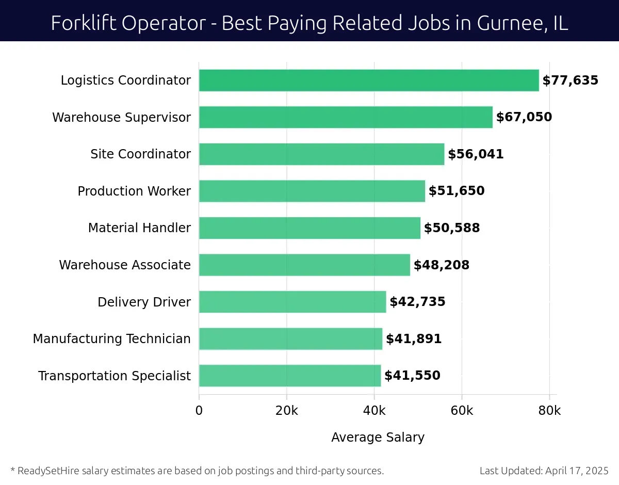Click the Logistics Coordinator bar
369,80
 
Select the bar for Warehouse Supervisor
346,117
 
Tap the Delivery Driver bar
292,302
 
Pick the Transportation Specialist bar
290,376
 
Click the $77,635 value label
570,80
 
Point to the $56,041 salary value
476,154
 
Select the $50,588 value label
452,228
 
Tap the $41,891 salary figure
414,339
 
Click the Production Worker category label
134,191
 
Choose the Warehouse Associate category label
125,265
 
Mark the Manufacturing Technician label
111,339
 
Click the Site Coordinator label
140,154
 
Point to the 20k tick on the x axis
286,411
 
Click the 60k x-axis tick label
462,411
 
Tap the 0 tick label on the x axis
199,411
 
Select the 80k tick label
549,411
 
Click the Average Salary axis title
378,438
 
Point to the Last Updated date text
544,471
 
